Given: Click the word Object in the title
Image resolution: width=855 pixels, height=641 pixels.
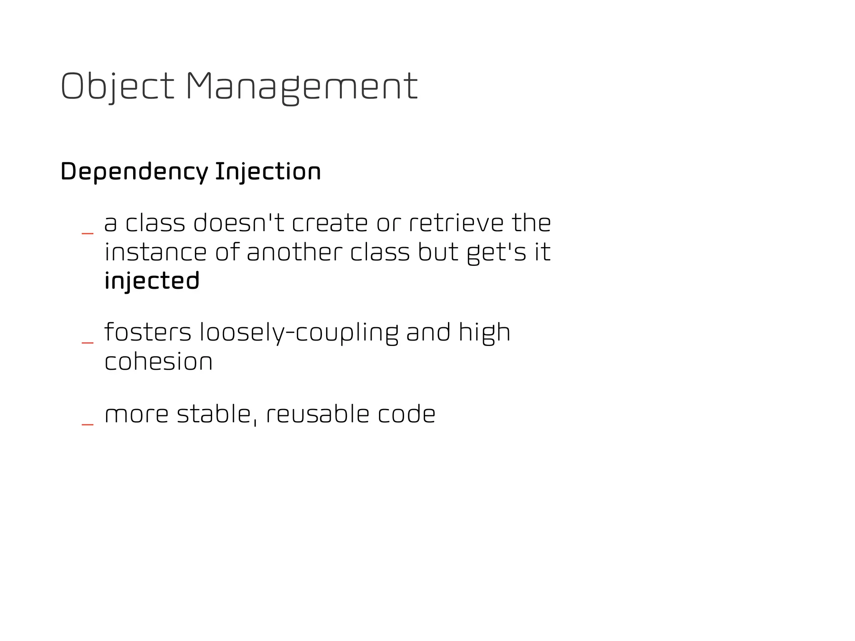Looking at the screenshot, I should (x=117, y=86).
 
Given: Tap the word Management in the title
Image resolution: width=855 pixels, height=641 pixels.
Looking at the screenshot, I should (x=301, y=86).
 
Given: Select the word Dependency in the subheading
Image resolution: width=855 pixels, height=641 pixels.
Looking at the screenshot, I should (x=134, y=172).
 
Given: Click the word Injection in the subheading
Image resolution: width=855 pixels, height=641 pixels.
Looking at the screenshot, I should (x=268, y=172).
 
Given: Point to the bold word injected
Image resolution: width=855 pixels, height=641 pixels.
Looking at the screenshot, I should (x=152, y=280).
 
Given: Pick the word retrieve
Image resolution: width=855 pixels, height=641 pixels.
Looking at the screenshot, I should (x=456, y=223).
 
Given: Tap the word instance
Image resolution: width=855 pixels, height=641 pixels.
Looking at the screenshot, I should (x=155, y=252).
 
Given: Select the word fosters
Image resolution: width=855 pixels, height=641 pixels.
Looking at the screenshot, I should (x=148, y=332).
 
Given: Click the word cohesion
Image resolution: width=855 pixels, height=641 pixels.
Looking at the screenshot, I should (x=159, y=361).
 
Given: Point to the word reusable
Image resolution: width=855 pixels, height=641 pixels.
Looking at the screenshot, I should (x=318, y=414).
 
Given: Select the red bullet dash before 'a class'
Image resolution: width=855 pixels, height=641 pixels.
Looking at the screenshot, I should (x=88, y=233).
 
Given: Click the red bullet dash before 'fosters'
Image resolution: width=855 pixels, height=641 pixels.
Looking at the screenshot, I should (x=88, y=343).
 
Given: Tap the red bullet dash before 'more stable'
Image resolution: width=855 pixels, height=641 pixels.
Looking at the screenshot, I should (x=88, y=424).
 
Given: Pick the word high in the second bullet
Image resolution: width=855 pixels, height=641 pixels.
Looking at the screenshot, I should (x=484, y=333).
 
